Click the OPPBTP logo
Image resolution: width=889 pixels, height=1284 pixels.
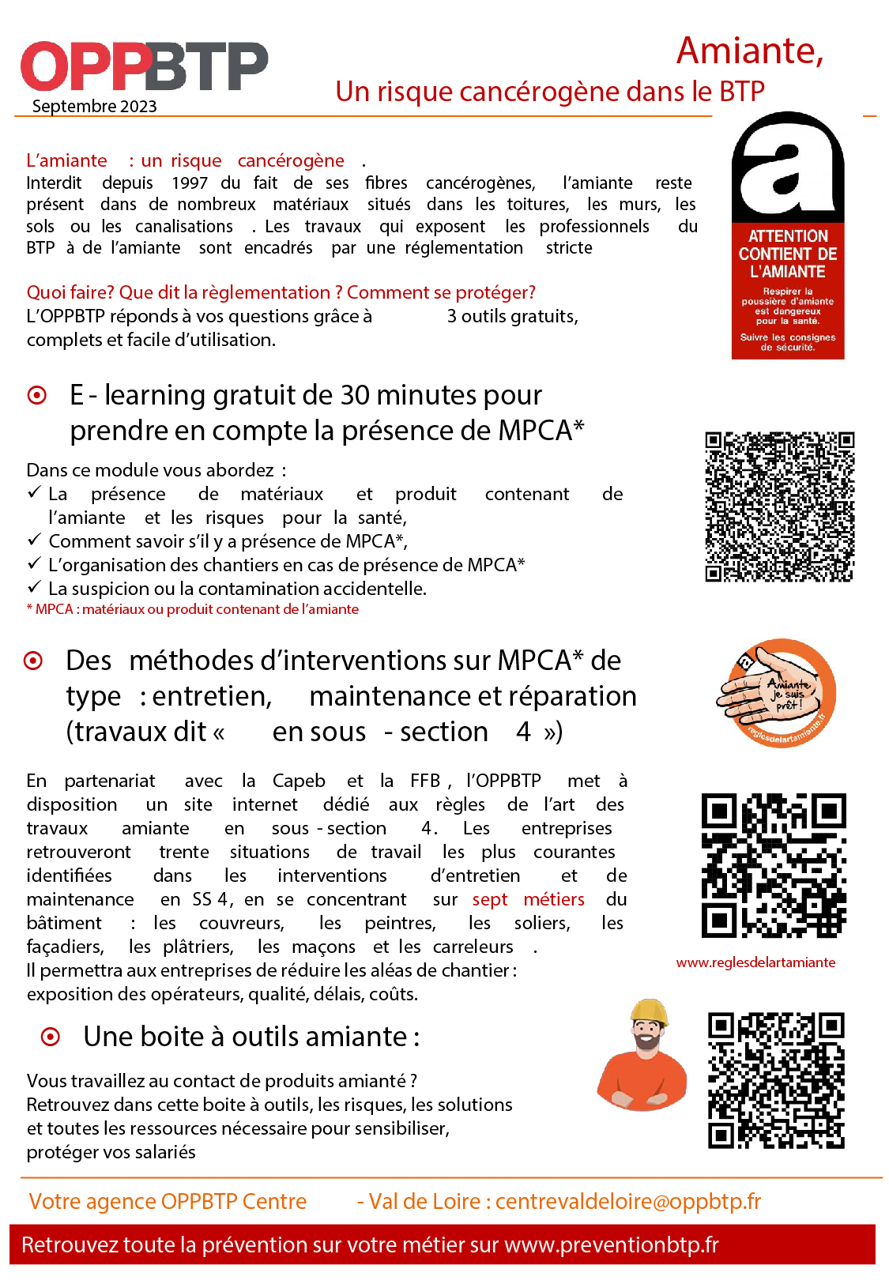pos(144,66)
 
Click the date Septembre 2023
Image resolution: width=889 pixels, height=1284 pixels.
pos(94,107)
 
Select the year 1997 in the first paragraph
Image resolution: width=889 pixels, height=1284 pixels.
pos(190,183)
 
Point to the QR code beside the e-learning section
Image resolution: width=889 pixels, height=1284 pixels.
pos(779,506)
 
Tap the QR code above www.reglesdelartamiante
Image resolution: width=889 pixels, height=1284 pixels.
pos(774,865)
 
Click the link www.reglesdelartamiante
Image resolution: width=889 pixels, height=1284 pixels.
pos(755,962)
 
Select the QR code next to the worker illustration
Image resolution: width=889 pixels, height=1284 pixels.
pos(776,1080)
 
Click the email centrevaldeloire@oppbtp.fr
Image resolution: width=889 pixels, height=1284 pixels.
pos(628,1202)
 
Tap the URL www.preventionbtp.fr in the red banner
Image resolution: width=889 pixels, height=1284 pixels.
pos(611,1245)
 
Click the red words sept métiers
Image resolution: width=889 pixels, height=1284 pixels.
pos(528,900)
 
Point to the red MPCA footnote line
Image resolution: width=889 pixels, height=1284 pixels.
pos(193,609)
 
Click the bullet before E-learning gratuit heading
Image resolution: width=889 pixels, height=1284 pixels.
pos(37,395)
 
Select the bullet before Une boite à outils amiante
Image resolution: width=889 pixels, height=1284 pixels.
pos(50,1037)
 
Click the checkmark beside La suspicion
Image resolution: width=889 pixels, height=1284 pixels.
pos(34,588)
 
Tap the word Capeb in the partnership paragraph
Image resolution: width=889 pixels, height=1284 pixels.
pos(299,781)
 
